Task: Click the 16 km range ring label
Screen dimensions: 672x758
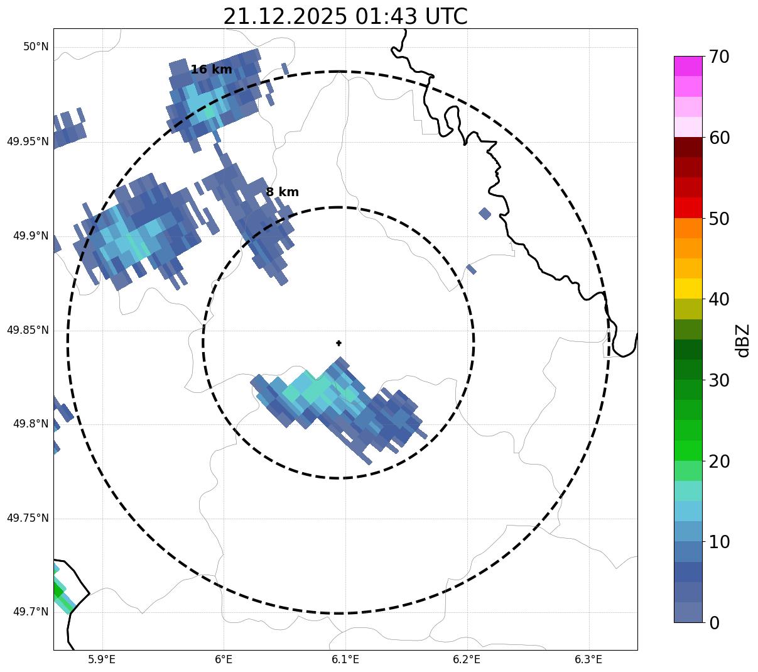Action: pyautogui.click(x=211, y=70)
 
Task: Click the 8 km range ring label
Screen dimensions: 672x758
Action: pyautogui.click(x=282, y=192)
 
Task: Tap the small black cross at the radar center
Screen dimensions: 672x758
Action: pyautogui.click(x=339, y=343)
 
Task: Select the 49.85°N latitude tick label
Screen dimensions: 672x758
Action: pyautogui.click(x=28, y=330)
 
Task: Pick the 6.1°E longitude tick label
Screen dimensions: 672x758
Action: pyautogui.click(x=345, y=659)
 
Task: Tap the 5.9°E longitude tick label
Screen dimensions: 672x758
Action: pyautogui.click(x=102, y=659)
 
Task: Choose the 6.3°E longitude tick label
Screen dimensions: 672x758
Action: pyautogui.click(x=588, y=659)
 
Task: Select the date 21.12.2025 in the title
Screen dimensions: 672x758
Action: pyautogui.click(x=284, y=17)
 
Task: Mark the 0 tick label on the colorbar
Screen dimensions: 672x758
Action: pyautogui.click(x=714, y=622)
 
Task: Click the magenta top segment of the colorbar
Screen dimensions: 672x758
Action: pyautogui.click(x=688, y=66)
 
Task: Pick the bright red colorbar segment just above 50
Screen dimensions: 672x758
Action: pyautogui.click(x=688, y=207)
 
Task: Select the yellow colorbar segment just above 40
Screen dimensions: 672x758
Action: pyautogui.click(x=688, y=289)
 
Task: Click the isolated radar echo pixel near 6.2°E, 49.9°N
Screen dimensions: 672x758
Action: pyautogui.click(x=485, y=213)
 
